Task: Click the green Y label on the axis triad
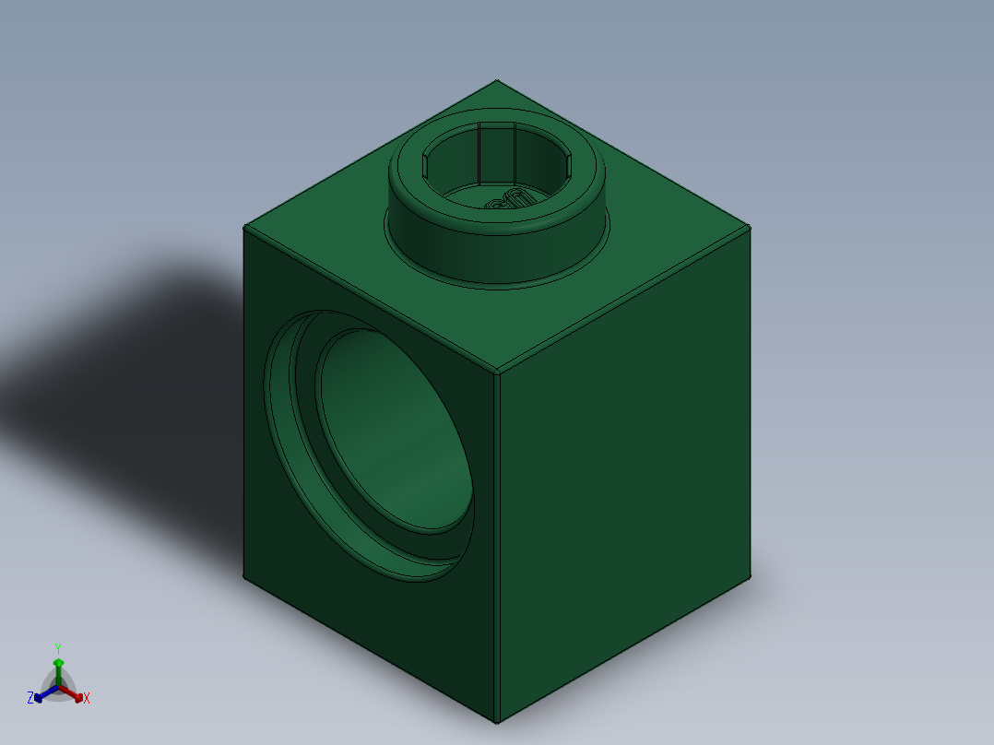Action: [x=57, y=647]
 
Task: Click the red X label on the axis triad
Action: [x=87, y=699]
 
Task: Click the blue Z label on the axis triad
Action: [x=30, y=699]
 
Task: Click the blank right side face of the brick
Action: [x=627, y=461]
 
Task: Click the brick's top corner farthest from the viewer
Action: [x=497, y=80]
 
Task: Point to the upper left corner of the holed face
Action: [x=244, y=228]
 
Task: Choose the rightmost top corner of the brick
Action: [x=750, y=227]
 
